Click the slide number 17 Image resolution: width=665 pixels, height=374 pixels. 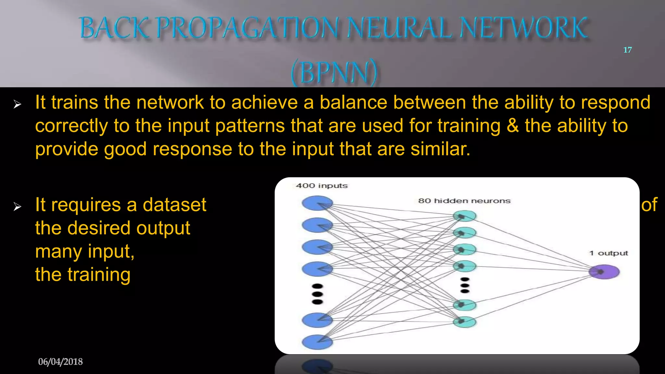tap(627, 50)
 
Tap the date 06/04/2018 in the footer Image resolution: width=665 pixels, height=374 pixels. tap(60, 362)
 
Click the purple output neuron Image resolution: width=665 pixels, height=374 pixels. tap(604, 272)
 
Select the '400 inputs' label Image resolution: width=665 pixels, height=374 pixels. tap(321, 186)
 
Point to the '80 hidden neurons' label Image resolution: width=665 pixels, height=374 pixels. tap(464, 201)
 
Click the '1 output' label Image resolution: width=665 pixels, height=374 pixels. tap(609, 253)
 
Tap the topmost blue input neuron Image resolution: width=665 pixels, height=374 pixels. tap(317, 203)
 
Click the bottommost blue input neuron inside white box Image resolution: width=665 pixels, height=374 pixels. tap(317, 342)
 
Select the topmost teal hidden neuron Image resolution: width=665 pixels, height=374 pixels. tap(465, 216)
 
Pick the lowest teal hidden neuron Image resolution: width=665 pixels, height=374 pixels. tap(465, 322)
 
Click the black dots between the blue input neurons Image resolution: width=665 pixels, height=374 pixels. tap(317, 294)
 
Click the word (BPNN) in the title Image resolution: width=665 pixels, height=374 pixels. tap(334, 72)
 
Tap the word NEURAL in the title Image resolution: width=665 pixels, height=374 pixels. tap(399, 28)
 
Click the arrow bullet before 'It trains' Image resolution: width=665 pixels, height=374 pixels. tap(17, 104)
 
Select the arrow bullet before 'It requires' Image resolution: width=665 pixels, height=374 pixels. tap(17, 206)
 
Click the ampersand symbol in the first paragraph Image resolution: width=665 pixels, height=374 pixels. tap(512, 126)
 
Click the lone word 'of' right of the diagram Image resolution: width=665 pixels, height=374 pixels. tap(649, 205)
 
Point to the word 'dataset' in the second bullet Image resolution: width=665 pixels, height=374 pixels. tap(174, 205)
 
